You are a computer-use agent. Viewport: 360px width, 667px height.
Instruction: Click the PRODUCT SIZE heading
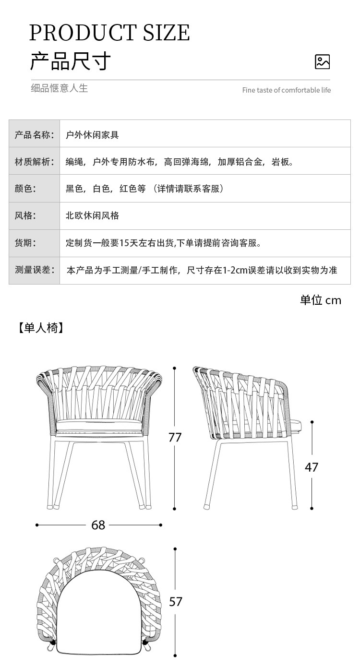[109, 33]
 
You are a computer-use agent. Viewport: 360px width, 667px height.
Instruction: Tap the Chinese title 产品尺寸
[71, 61]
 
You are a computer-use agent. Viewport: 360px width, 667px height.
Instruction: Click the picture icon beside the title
[322, 62]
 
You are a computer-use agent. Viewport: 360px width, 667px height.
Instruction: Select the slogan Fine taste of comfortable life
[286, 90]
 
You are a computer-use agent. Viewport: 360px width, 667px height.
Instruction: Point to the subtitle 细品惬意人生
[60, 88]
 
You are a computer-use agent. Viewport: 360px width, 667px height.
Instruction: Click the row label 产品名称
[34, 134]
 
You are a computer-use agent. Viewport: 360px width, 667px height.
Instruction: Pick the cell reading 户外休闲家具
[92, 135]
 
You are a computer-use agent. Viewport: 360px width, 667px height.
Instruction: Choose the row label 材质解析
[34, 162]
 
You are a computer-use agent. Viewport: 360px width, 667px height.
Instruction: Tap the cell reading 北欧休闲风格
[92, 215]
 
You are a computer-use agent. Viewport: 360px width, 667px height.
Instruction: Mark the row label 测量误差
[34, 270]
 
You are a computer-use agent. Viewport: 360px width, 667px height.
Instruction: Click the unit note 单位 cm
[321, 300]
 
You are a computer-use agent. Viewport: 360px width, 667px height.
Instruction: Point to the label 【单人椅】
[41, 328]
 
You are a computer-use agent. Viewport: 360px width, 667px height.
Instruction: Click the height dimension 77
[175, 438]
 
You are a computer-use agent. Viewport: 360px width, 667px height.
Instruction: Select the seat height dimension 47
[312, 467]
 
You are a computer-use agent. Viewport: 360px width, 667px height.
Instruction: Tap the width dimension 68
[98, 525]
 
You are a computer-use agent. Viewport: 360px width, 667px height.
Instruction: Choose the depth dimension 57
[176, 602]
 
